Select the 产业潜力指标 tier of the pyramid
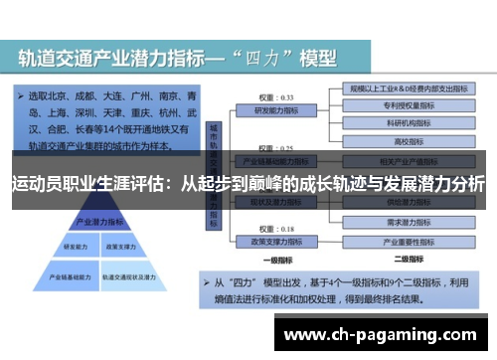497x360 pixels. tap(94, 221)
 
